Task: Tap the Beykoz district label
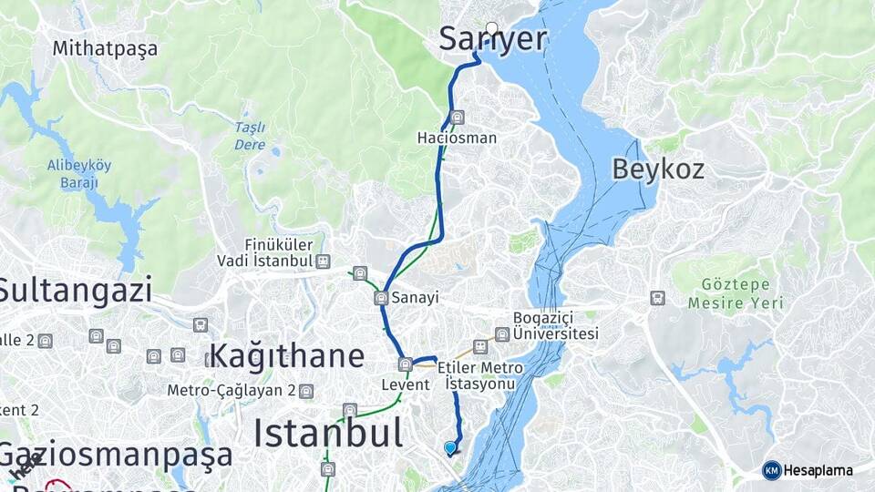657,169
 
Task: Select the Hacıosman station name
457,138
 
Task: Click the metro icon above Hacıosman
458,118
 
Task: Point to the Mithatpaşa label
105,48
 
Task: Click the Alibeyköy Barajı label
79,173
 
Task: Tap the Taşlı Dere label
250,136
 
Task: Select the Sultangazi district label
75,290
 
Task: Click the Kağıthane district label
286,355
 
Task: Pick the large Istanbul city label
328,432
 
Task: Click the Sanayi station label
416,298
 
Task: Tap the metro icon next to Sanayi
381,298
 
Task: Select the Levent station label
405,384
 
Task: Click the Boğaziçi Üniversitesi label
555,326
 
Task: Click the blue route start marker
449,447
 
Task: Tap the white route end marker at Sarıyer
492,28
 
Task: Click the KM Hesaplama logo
808,470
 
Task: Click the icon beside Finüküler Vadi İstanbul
323,261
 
